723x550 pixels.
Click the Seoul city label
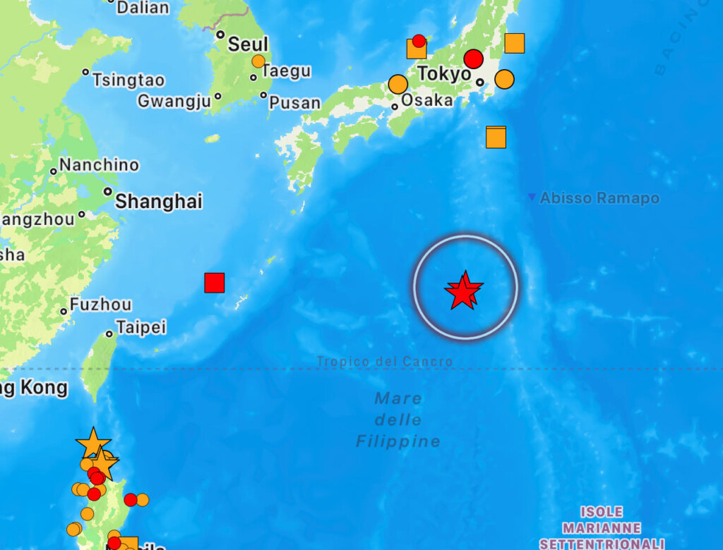pyautogui.click(x=247, y=44)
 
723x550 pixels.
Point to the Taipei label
pyautogui.click(x=141, y=327)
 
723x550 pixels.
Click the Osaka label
pyautogui.click(x=426, y=100)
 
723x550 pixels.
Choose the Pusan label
pyautogui.click(x=294, y=103)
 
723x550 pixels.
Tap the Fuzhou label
pyautogui.click(x=100, y=305)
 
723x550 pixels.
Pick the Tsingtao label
pyautogui.click(x=128, y=80)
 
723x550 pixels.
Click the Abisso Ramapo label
pyautogui.click(x=599, y=198)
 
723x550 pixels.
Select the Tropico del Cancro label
pyautogui.click(x=384, y=362)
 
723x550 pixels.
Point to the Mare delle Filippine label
pyautogui.click(x=398, y=420)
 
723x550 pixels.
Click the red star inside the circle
pyautogui.click(x=464, y=291)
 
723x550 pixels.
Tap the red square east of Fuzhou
pyautogui.click(x=214, y=283)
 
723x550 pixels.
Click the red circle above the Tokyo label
pyautogui.click(x=473, y=59)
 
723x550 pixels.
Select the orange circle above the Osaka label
pyautogui.click(x=398, y=84)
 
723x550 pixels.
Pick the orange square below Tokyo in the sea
pyautogui.click(x=496, y=137)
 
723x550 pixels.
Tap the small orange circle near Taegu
pyautogui.click(x=258, y=61)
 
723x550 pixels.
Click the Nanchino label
pyautogui.click(x=99, y=165)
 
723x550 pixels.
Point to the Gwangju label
pyautogui.click(x=174, y=101)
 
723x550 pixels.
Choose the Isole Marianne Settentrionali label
pyautogui.click(x=602, y=527)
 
